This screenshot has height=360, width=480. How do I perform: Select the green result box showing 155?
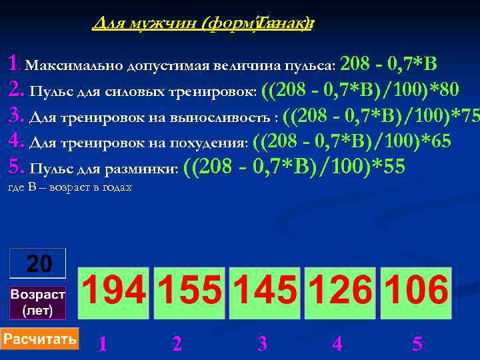[190, 293]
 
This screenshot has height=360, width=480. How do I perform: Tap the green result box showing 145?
[265, 293]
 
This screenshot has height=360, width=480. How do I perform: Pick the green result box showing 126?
[340, 293]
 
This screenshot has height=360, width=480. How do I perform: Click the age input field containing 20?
[38, 263]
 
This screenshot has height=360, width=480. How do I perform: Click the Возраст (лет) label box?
[38, 303]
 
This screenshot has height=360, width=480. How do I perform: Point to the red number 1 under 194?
[102, 344]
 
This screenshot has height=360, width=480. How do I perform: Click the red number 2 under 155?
[177, 344]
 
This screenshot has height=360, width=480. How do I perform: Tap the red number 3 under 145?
[262, 344]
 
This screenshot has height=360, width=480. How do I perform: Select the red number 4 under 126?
[337, 344]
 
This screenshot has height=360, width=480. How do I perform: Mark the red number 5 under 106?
[417, 344]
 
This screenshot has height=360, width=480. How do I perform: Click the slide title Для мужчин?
[203, 24]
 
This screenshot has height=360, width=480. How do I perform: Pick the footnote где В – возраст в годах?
[69, 187]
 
